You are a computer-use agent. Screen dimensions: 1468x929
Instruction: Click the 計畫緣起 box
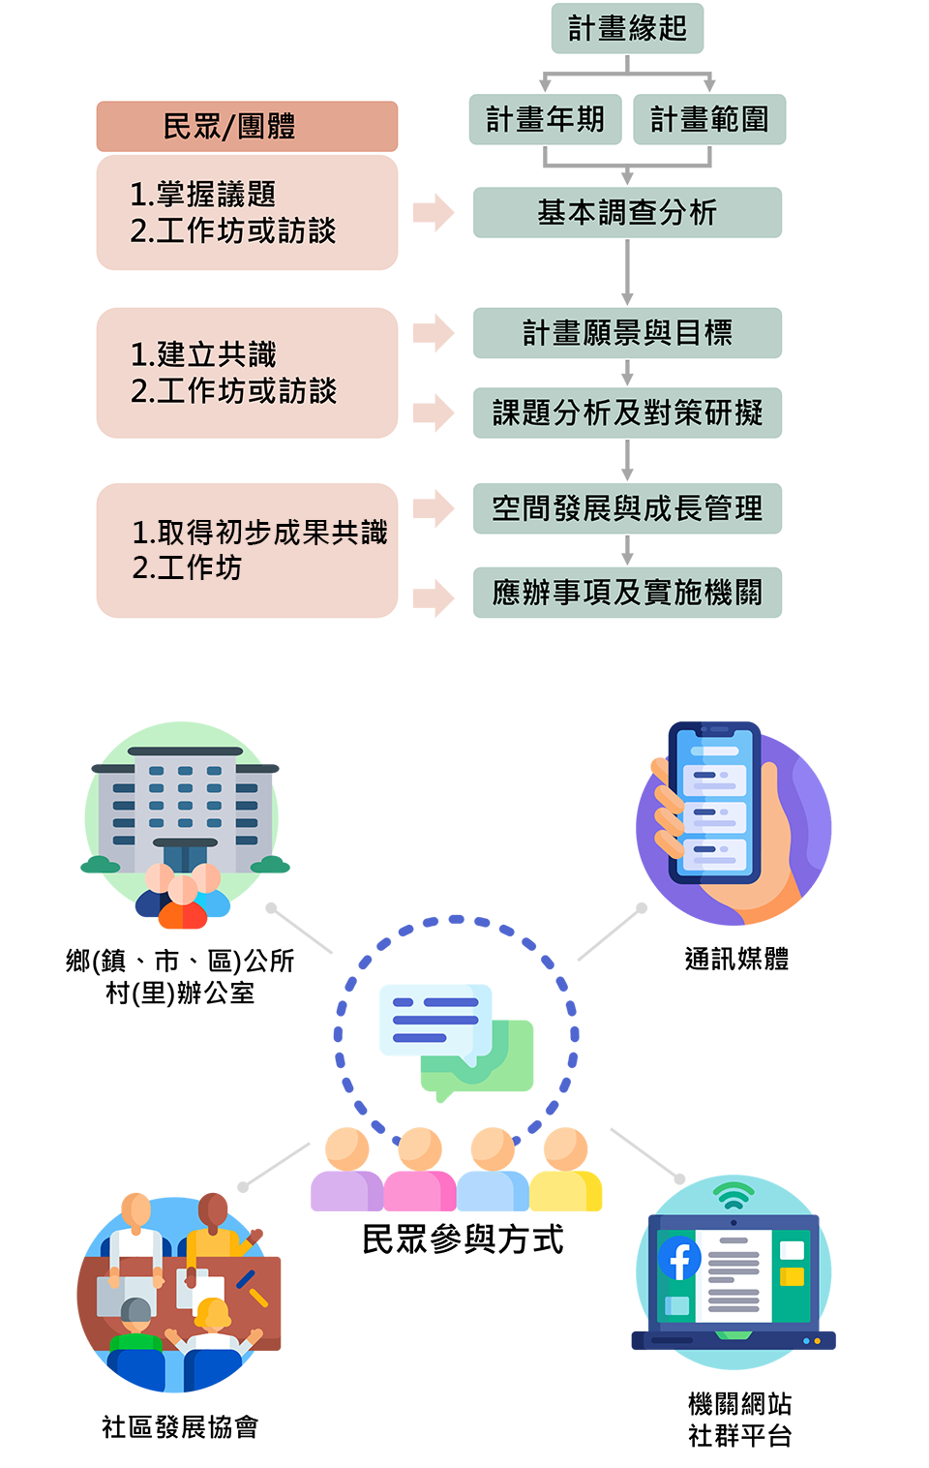[x=627, y=29]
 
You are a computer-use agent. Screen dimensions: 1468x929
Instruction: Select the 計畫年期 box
[x=545, y=119]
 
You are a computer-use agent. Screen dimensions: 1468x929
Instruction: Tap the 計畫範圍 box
[x=709, y=119]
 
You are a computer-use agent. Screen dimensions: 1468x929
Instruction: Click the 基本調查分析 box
[x=627, y=212]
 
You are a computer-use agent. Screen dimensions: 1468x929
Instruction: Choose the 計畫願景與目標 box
[x=627, y=333]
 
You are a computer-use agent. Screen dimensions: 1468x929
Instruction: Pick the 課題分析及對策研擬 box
[x=627, y=413]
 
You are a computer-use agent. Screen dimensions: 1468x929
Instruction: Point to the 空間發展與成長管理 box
[x=627, y=508]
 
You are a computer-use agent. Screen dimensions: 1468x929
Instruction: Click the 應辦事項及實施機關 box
[x=627, y=593]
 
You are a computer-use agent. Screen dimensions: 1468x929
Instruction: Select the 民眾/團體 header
[x=247, y=126]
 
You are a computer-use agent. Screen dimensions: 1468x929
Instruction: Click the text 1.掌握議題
[x=203, y=195]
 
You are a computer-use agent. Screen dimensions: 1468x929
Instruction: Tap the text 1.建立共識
[x=203, y=354]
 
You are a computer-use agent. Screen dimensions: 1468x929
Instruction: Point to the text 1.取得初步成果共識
[x=259, y=533]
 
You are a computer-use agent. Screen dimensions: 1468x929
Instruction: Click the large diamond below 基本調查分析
[x=627, y=272]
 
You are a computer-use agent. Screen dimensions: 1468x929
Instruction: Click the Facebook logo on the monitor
[x=679, y=1260]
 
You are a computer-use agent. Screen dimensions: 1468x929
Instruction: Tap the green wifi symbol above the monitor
[x=734, y=1197]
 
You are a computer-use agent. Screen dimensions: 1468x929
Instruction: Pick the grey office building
[x=184, y=804]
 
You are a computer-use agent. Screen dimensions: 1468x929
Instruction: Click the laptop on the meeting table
[x=127, y=1294]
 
